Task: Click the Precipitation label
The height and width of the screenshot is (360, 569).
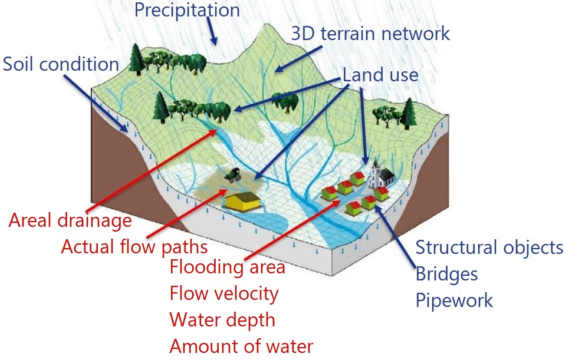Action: (x=187, y=10)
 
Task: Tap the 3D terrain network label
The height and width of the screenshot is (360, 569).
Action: (x=371, y=34)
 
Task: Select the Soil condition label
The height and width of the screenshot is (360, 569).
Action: (x=61, y=64)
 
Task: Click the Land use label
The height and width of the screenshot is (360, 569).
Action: (x=380, y=75)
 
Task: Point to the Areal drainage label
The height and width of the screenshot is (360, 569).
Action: (x=70, y=220)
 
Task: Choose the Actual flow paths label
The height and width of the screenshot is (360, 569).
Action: (x=134, y=246)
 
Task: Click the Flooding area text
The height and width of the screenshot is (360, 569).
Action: (x=227, y=267)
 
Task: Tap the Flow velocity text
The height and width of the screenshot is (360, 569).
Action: (x=223, y=293)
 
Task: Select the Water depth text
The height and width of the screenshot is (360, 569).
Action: (x=222, y=319)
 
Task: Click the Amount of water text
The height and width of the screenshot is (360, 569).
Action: (x=241, y=346)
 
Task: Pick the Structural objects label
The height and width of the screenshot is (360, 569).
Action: (x=489, y=247)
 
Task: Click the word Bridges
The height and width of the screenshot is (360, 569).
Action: (x=446, y=274)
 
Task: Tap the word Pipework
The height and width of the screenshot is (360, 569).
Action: (x=454, y=300)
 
